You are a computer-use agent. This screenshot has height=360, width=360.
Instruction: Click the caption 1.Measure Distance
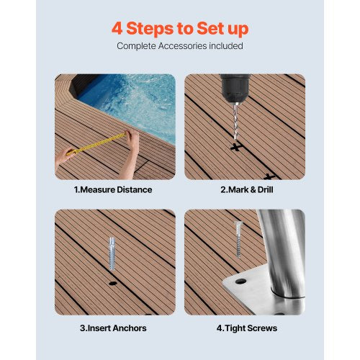click(x=113, y=190)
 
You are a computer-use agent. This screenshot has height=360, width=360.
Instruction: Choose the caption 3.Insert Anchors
click(x=113, y=328)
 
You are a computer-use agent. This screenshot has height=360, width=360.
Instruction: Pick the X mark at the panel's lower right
click(x=269, y=175)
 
